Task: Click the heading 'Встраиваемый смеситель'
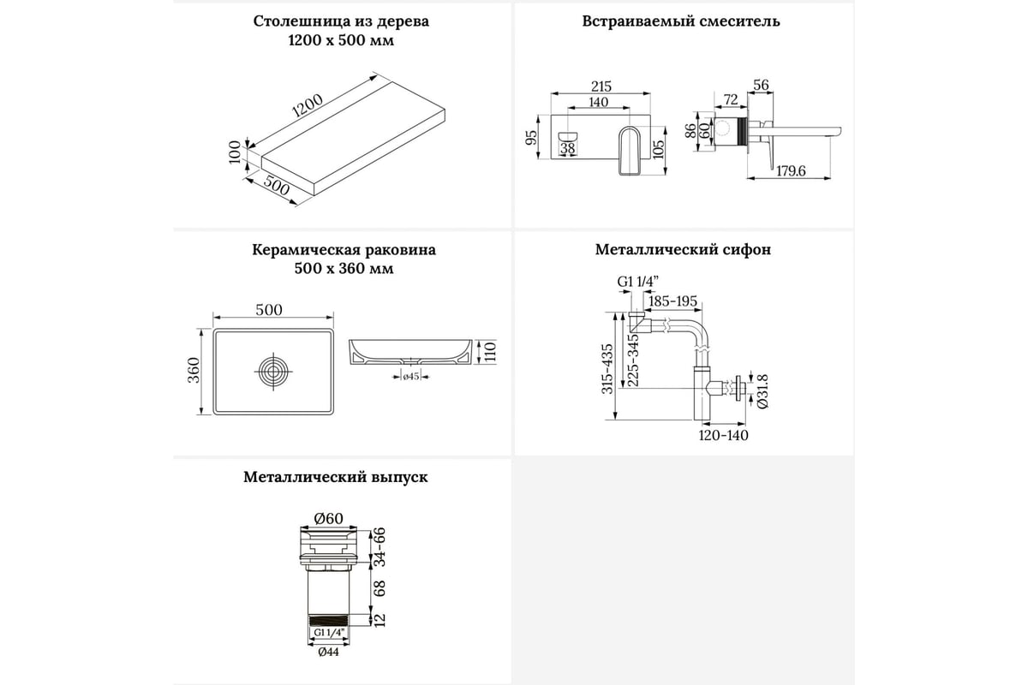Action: (x=682, y=21)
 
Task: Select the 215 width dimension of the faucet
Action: (x=601, y=86)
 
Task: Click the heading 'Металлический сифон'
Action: (x=682, y=250)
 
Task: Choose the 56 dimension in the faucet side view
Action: (x=759, y=85)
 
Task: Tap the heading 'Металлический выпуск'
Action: (x=335, y=478)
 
